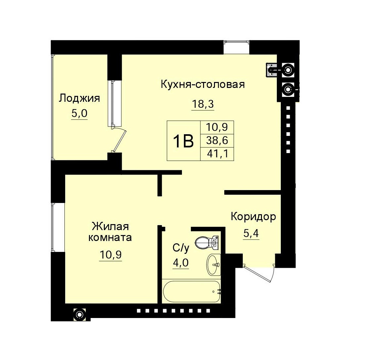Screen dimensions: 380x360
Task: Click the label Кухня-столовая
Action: point(202,85)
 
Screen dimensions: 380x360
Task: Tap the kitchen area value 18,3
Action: point(202,104)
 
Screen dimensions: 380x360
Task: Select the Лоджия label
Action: point(79,98)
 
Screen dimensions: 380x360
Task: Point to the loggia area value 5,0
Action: point(79,114)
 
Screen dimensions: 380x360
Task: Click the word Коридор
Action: point(253,217)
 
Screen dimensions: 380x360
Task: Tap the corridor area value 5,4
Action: point(251,234)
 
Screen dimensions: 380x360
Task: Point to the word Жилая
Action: point(110,227)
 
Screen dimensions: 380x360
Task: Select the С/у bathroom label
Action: point(181,248)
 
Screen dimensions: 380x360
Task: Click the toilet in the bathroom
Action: point(207,243)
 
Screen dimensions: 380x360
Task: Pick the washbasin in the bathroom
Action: point(213,264)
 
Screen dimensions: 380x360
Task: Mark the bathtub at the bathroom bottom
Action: point(192,292)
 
